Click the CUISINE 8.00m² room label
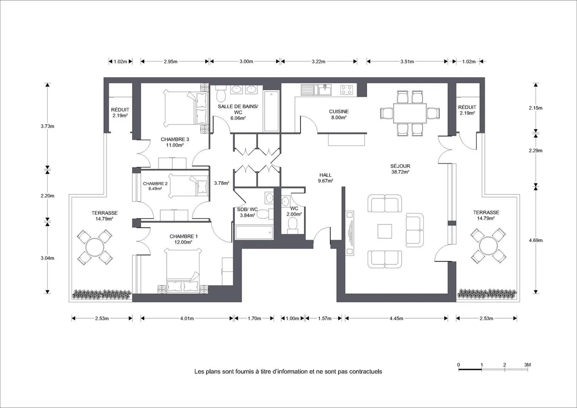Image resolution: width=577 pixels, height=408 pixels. coord(339,114)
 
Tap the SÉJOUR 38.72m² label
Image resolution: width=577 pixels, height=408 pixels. coord(400,169)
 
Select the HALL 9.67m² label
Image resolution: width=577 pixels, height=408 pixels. coord(325,178)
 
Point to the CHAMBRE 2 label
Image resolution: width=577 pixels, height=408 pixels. coord(155,184)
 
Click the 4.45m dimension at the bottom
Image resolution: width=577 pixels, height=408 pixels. coord(396,318)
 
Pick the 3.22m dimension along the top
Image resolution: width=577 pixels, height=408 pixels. coord(319,62)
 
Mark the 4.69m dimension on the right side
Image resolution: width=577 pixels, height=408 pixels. coord(535,240)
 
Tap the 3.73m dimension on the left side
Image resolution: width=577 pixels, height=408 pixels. coord(47,126)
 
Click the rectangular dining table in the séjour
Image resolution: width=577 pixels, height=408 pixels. coord(410,113)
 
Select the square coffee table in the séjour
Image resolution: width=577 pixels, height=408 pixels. coord(385,231)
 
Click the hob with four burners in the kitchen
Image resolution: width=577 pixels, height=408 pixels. coord(347,90)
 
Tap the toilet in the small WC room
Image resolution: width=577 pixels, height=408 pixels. coord(293,225)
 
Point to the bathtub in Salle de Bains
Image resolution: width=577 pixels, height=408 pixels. coord(271,111)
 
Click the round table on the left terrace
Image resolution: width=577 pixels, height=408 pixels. coord(95,247)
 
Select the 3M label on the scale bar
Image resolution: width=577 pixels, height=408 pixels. coord(528,365)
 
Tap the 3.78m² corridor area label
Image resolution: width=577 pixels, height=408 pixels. coord(222,183)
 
